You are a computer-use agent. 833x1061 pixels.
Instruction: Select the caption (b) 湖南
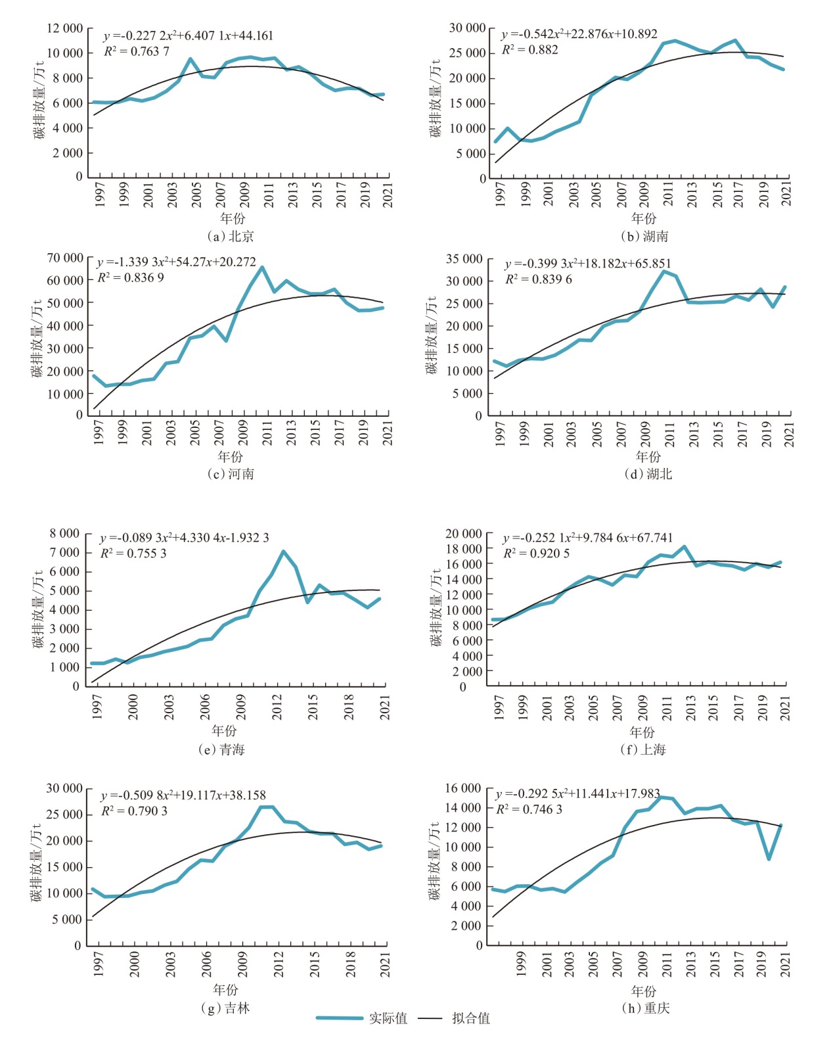click(x=644, y=236)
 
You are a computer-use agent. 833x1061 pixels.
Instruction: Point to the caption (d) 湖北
click(x=648, y=474)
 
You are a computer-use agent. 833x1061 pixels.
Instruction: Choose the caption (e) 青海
click(x=222, y=749)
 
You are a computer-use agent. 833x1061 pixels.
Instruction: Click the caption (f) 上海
click(x=643, y=749)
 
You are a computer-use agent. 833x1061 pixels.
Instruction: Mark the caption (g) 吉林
click(x=225, y=1008)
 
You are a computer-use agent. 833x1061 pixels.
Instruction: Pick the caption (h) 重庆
click(x=646, y=1008)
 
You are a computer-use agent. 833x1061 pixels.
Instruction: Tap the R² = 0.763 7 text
click(x=137, y=51)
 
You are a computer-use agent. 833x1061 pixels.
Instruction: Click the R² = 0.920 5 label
click(x=537, y=554)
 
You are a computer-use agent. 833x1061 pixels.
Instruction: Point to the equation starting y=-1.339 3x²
click(x=176, y=262)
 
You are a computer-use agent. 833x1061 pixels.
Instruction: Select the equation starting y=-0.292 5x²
click(x=577, y=793)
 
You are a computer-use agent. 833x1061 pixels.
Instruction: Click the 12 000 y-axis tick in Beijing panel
click(x=65, y=28)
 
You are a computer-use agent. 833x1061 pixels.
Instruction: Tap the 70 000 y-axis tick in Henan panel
click(x=65, y=258)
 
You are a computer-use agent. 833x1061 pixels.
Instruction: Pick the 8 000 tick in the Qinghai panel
click(x=64, y=534)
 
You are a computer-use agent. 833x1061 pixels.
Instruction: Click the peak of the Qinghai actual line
click(x=283, y=552)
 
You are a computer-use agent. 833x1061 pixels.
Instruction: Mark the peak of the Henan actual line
click(x=262, y=267)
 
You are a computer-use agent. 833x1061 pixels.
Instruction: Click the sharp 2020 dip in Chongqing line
click(x=769, y=859)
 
